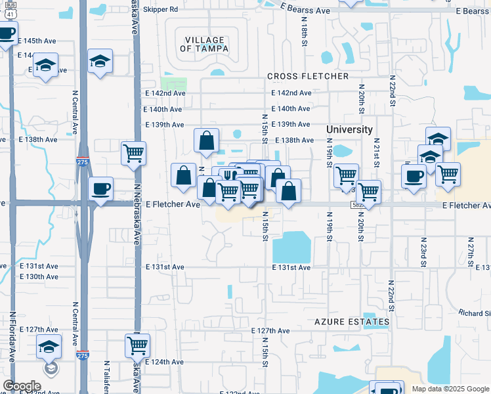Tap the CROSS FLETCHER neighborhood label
pos(308,77)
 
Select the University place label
pos(350,129)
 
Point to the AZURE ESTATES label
pos(352,322)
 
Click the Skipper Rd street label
pos(161,10)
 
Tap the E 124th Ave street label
pos(165,362)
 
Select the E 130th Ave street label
pos(39,276)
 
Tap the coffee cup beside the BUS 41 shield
pos(6,33)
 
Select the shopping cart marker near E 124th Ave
pos(137,344)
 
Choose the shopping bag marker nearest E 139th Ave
pos(206,139)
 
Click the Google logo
pos(22,386)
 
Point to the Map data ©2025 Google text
pos(449,389)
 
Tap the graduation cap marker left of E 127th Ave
pos(49,346)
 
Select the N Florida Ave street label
pos(12,336)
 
